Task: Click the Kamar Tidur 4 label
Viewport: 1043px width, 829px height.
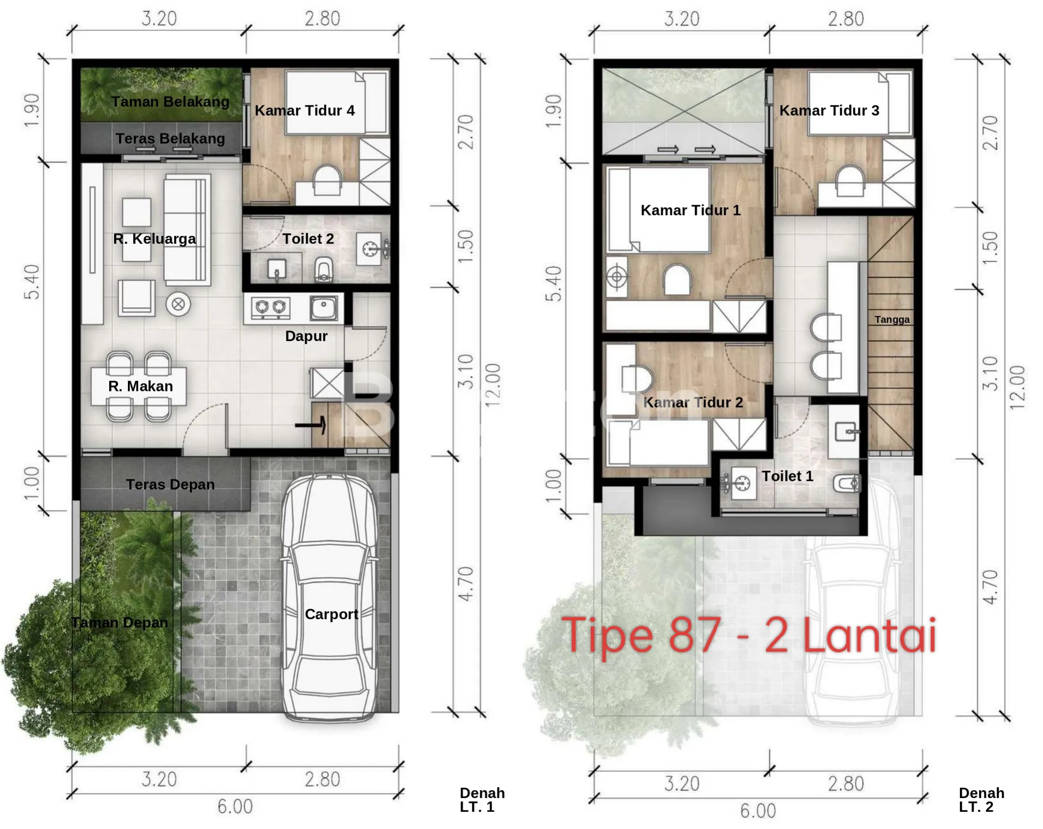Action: (305, 110)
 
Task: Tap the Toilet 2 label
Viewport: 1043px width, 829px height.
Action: (308, 239)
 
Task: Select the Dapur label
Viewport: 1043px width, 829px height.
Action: (306, 336)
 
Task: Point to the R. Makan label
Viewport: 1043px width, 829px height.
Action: (141, 386)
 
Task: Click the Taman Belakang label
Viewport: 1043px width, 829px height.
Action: (170, 101)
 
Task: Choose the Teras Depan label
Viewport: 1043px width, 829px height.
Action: (170, 484)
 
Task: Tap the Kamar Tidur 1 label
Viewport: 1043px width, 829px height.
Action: (690, 210)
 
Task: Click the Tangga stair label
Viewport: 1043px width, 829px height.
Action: (892, 319)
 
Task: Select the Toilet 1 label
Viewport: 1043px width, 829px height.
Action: (787, 476)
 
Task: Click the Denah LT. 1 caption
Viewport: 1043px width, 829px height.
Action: (482, 799)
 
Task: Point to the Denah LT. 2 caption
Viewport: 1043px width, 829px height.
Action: (982, 799)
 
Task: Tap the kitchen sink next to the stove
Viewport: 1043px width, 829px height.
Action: (324, 308)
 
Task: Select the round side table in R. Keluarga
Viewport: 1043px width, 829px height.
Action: (178, 304)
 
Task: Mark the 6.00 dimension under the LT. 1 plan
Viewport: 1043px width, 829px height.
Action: (235, 806)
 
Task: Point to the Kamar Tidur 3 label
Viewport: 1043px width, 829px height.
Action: (829, 110)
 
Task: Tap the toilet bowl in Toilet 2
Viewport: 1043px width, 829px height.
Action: (323, 269)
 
